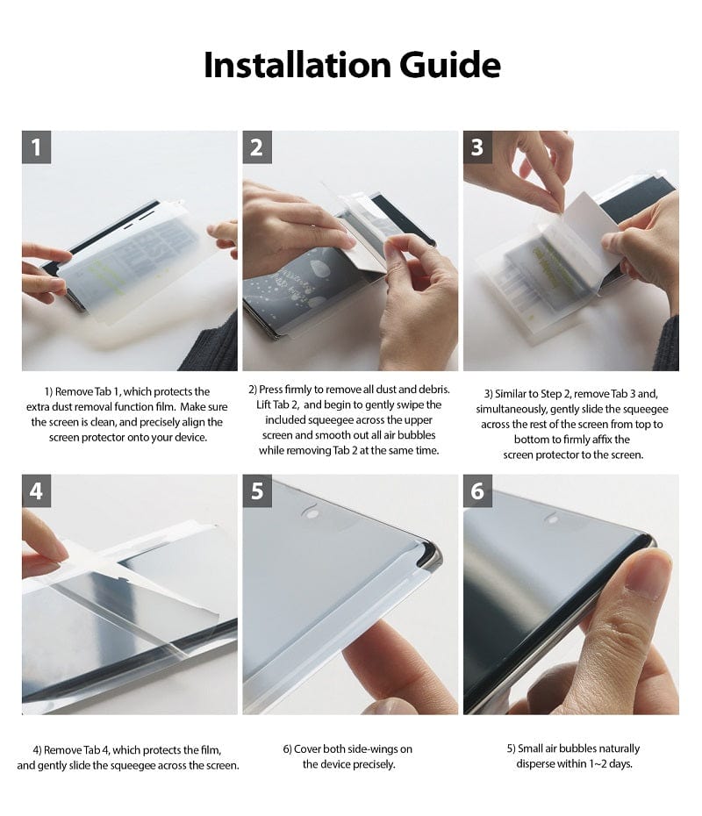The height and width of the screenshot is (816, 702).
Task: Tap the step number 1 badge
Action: pos(36,147)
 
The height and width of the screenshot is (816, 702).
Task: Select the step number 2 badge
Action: pos(256,147)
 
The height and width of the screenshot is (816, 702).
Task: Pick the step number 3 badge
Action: pos(476,147)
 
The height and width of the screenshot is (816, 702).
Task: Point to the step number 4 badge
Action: pos(36,490)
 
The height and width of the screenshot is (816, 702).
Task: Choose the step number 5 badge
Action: pos(256,490)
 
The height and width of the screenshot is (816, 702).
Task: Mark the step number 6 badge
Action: pos(476,490)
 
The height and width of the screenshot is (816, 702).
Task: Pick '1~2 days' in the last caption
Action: pos(605,763)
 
